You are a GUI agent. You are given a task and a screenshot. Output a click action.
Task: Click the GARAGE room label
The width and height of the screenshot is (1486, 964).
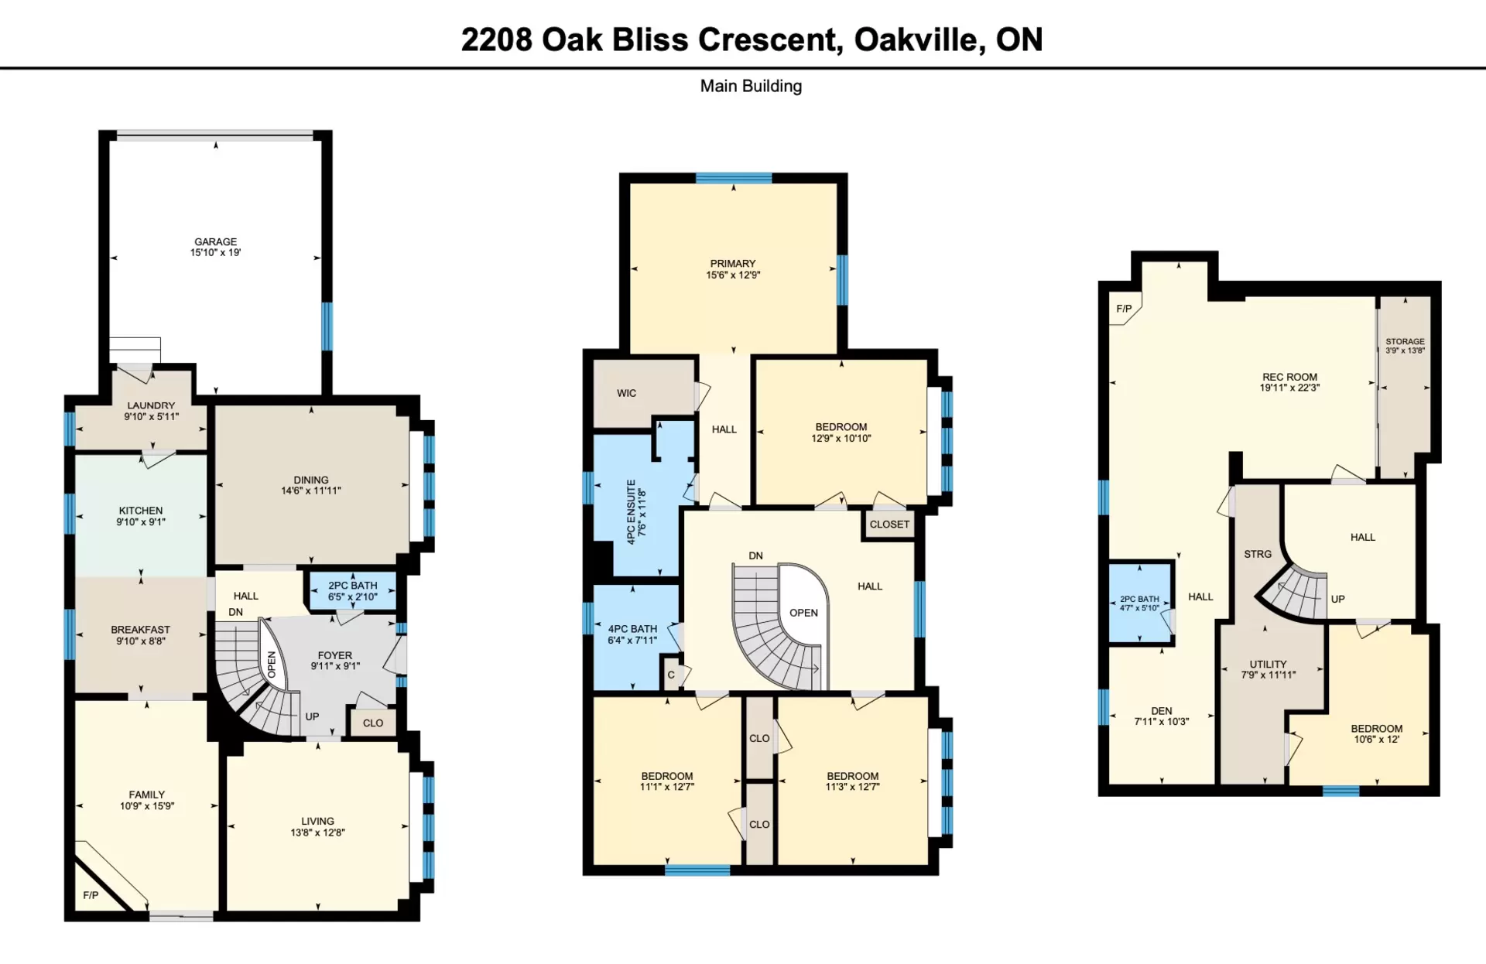click(x=215, y=241)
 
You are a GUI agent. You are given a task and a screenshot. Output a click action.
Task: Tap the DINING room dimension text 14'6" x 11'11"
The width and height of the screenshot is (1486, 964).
click(x=311, y=491)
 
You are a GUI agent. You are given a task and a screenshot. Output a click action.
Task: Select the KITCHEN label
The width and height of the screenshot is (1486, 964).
click(x=141, y=511)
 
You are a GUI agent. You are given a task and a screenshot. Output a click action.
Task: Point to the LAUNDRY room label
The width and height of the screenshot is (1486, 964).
click(x=151, y=405)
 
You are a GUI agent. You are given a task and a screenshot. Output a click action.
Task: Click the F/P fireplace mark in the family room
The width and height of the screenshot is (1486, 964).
click(x=91, y=895)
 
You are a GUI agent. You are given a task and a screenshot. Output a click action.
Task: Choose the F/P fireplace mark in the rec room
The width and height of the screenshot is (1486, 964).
click(x=1124, y=309)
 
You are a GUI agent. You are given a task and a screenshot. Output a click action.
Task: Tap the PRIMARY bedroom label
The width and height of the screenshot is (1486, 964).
click(x=733, y=264)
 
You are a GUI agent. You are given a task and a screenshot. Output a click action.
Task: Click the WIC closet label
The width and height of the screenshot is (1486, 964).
click(x=626, y=393)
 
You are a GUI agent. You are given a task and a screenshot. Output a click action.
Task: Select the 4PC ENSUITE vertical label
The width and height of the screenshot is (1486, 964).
click(x=631, y=512)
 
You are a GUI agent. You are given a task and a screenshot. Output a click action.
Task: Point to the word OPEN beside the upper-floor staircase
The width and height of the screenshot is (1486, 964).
click(x=803, y=613)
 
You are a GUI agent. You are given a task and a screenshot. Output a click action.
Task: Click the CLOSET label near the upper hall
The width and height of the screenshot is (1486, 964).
click(x=889, y=525)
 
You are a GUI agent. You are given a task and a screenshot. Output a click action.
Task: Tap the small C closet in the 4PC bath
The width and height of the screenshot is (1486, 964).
click(x=671, y=675)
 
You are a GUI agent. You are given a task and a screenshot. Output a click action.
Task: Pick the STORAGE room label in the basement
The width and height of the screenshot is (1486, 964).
click(x=1405, y=341)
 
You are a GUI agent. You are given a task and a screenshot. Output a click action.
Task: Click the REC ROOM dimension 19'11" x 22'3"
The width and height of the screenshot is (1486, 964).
click(x=1289, y=388)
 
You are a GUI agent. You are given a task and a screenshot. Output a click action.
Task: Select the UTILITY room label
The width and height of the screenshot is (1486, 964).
click(x=1268, y=664)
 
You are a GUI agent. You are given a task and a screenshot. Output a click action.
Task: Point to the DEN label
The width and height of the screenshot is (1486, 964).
click(x=1161, y=711)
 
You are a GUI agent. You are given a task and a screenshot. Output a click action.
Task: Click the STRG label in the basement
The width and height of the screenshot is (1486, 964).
click(x=1258, y=554)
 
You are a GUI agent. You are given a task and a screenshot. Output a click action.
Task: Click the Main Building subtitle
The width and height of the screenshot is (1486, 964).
click(x=751, y=86)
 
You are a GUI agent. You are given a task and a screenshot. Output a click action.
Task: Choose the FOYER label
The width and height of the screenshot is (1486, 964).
click(x=334, y=655)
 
